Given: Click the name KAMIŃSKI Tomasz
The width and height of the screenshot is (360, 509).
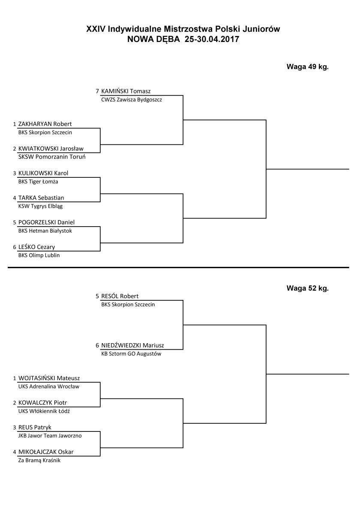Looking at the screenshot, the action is [x=126, y=91].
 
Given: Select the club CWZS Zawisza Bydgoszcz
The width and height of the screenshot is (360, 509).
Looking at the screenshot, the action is [x=132, y=100].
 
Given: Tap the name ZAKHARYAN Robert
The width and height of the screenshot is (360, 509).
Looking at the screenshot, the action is [x=45, y=124].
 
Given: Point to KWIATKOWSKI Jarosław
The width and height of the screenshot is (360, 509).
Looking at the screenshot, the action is [x=51, y=149].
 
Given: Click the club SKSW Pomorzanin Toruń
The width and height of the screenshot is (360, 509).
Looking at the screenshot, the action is [x=52, y=157].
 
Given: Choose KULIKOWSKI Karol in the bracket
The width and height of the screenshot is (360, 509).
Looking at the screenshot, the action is [x=43, y=173].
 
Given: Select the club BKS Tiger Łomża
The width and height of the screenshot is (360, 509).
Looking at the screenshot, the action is [x=38, y=182].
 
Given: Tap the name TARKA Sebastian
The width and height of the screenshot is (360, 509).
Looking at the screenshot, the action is [x=41, y=198].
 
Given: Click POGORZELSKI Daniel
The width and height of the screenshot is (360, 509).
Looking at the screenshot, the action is [x=46, y=222].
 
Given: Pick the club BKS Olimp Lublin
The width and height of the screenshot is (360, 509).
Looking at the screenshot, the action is [x=39, y=255].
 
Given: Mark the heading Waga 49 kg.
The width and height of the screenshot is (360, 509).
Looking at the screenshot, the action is [x=308, y=67].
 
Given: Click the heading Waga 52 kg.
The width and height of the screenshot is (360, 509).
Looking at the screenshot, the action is [x=308, y=288].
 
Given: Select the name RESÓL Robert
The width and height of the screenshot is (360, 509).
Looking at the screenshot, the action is [x=120, y=296].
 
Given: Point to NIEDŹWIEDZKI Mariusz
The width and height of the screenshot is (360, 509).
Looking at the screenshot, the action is [x=132, y=345].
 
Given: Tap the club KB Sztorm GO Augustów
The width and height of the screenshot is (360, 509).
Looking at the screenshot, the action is [x=131, y=354].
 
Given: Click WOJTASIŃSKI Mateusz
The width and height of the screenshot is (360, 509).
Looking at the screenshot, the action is [x=49, y=378].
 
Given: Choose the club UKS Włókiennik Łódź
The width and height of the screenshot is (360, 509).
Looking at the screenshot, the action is [x=44, y=411].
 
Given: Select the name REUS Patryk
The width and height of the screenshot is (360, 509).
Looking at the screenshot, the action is [x=35, y=428].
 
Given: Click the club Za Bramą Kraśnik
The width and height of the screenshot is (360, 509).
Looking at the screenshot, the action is [x=39, y=460].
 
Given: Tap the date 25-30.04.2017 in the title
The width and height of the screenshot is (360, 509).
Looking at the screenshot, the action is [x=212, y=39].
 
